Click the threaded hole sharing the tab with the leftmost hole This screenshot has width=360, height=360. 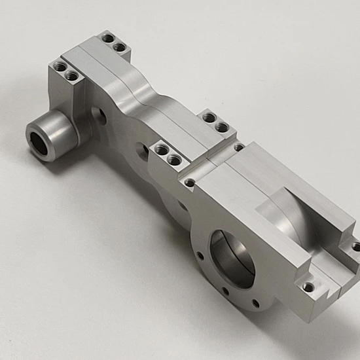tap(72, 77)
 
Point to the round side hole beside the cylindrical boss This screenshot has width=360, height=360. tap(98, 115)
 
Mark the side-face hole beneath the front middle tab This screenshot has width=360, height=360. tap(143, 153)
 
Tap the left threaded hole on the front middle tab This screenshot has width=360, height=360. tap(161, 150)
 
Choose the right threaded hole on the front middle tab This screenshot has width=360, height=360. tap(174, 159)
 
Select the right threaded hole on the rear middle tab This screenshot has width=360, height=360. tap(223, 126)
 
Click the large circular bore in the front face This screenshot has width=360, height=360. tap(232, 259)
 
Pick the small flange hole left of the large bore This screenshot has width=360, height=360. tap(199, 256)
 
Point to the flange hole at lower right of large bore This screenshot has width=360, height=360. tap(256, 303)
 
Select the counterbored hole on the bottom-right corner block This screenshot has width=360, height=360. tap(308, 286)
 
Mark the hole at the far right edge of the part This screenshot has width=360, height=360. tap(355, 247)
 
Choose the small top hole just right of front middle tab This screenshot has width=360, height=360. tap(189, 183)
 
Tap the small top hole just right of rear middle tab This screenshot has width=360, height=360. tap(239, 147)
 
